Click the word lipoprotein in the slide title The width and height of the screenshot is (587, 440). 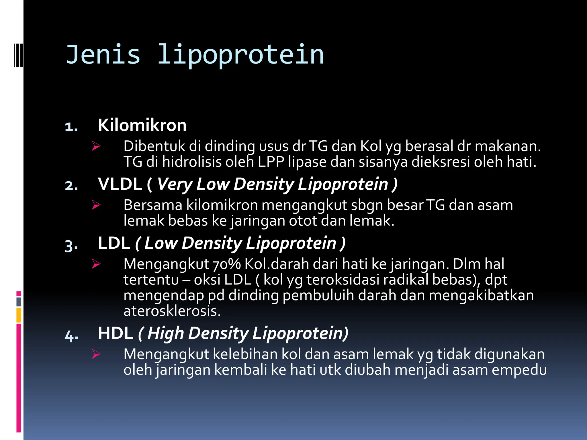[x=241, y=55]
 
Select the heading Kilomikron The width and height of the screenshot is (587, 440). [x=142, y=125]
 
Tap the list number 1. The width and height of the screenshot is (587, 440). [x=71, y=127]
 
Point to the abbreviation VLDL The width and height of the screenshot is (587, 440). [x=120, y=184]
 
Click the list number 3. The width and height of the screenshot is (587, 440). [x=71, y=245]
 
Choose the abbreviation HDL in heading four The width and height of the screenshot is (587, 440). [x=116, y=333]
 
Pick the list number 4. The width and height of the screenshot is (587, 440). [x=71, y=335]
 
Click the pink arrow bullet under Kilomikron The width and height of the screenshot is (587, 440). [x=96, y=146]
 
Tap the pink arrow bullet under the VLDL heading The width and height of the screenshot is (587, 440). [x=96, y=205]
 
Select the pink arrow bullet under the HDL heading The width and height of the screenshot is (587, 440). [x=96, y=354]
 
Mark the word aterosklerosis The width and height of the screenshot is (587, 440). [x=172, y=311]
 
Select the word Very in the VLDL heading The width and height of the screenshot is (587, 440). [x=174, y=184]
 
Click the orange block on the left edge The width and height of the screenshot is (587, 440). [x=19, y=315]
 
